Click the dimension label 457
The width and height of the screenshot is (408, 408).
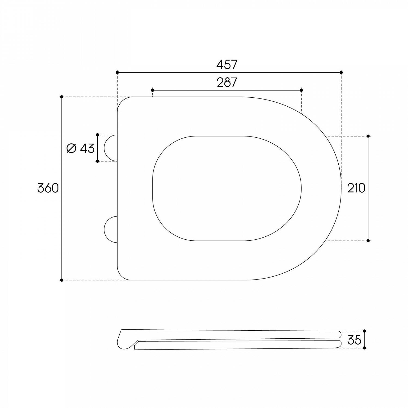tap(227, 64)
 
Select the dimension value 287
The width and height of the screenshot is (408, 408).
tap(227, 82)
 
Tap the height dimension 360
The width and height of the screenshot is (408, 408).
tap(48, 188)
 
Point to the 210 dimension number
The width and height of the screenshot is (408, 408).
tap(356, 188)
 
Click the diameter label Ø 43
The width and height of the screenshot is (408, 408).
tap(81, 148)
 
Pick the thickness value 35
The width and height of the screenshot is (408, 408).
tap(354, 340)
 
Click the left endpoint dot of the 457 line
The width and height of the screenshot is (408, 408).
tap(117, 72)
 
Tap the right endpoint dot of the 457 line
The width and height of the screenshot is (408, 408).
tap(341, 72)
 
